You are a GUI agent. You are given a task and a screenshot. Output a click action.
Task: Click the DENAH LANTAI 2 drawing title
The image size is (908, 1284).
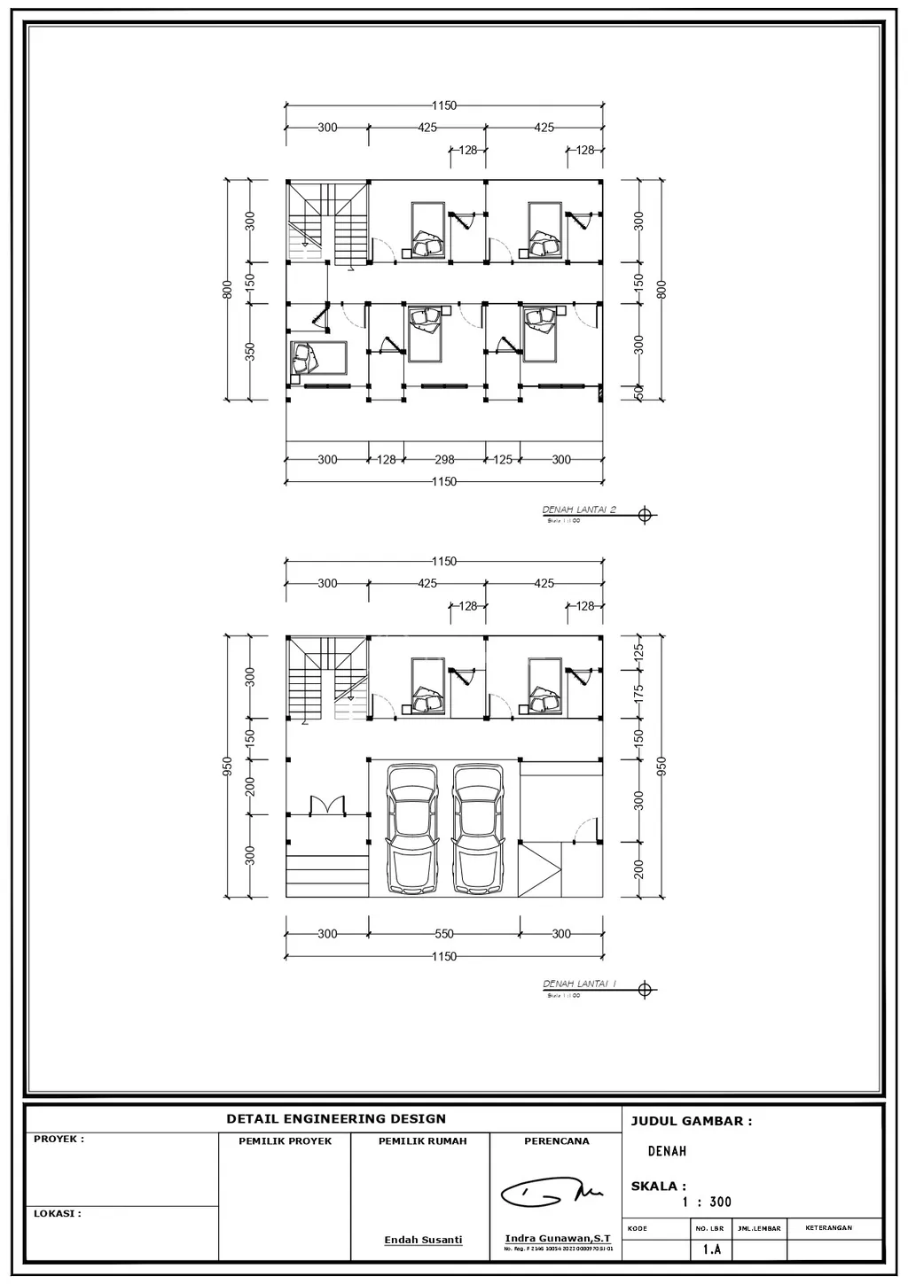[579, 510]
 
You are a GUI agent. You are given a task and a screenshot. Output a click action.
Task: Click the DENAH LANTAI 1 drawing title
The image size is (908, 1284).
[579, 984]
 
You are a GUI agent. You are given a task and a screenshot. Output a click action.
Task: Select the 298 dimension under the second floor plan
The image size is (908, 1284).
[444, 460]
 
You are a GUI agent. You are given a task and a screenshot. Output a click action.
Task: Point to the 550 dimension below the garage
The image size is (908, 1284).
[444, 934]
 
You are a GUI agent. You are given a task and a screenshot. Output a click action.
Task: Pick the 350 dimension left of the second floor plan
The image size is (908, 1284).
[250, 352]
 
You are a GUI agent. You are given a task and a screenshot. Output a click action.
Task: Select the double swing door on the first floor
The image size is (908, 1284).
[327, 805]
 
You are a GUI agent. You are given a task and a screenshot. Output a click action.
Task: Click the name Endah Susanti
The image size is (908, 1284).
[423, 1240]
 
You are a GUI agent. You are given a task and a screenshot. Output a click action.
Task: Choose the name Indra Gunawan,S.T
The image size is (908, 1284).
[557, 1238]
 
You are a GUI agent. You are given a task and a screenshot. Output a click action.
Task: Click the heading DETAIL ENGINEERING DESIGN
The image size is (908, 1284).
[336, 1119]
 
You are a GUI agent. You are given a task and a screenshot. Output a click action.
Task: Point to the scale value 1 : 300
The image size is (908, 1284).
[707, 1202]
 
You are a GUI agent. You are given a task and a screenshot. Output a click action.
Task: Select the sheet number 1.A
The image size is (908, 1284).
[711, 1249]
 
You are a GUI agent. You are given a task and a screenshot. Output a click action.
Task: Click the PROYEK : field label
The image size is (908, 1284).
[59, 1140]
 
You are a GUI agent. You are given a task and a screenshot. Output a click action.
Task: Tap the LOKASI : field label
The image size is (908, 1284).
[57, 1214]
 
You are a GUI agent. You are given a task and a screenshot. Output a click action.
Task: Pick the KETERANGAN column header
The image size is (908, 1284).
[828, 1228]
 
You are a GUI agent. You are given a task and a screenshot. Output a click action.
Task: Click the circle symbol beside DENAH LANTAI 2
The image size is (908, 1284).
[645, 515]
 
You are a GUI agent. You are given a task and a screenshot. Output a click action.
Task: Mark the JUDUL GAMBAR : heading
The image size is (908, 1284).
[691, 1121]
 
